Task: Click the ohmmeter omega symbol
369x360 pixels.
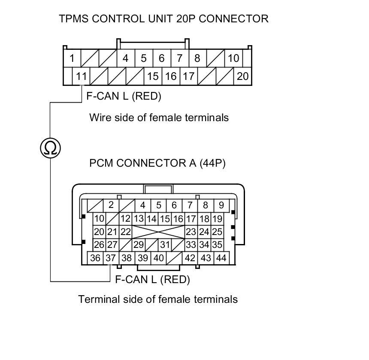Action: click(50, 148)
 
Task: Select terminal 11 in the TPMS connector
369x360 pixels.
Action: click(81, 76)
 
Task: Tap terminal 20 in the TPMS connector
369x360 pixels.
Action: click(242, 76)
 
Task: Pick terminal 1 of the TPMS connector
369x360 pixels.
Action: click(72, 58)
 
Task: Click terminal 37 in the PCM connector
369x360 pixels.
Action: click(111, 258)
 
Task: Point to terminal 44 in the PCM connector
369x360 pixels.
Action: click(221, 258)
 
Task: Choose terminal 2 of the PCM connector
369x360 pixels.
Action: click(111, 205)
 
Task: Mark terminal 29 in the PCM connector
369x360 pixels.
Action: click(138, 245)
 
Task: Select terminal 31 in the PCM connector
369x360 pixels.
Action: click(165, 245)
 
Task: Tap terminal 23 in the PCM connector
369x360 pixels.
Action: click(191, 232)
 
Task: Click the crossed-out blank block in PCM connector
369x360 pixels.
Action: click(158, 232)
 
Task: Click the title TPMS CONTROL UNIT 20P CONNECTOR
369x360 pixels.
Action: click(163, 19)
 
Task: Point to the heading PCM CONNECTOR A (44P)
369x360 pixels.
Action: click(157, 163)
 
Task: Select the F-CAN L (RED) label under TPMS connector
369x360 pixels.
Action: click(124, 96)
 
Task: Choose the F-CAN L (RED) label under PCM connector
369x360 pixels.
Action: click(153, 280)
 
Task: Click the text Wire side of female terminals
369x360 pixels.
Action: click(159, 117)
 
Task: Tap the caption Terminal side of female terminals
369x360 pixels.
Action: click(158, 299)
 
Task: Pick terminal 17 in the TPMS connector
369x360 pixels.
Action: click(188, 76)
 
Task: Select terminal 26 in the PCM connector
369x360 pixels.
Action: click(99, 245)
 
